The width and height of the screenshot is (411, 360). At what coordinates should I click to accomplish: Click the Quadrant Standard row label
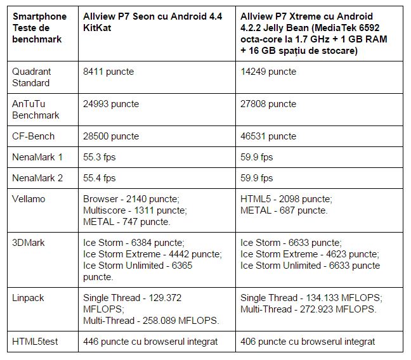coord(32,77)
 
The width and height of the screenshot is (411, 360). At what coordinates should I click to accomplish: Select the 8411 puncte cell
coord(108,72)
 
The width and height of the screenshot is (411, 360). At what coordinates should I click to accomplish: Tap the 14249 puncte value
coord(268,72)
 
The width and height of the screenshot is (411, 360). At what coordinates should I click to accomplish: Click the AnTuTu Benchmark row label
coord(36,110)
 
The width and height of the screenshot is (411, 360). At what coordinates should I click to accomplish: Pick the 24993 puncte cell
coord(111,104)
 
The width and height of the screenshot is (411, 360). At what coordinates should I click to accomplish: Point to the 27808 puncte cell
coord(268,104)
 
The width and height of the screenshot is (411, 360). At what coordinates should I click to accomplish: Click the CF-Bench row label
coord(34,136)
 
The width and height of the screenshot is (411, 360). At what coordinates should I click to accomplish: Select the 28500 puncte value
coord(111,136)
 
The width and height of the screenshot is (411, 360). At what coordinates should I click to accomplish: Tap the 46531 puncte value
coord(268,136)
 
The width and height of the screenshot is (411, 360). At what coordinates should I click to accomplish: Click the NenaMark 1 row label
coord(38,157)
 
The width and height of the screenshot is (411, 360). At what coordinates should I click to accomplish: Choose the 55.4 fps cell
coord(100,178)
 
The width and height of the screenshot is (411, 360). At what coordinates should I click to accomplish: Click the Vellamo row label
coord(28,199)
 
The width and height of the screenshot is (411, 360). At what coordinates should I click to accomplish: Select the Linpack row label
coord(28,297)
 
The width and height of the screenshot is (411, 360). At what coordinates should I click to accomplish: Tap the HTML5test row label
coord(34,342)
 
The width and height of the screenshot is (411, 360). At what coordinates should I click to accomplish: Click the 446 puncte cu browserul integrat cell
coord(150,342)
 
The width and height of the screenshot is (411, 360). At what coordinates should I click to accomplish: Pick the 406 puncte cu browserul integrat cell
coord(308,342)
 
